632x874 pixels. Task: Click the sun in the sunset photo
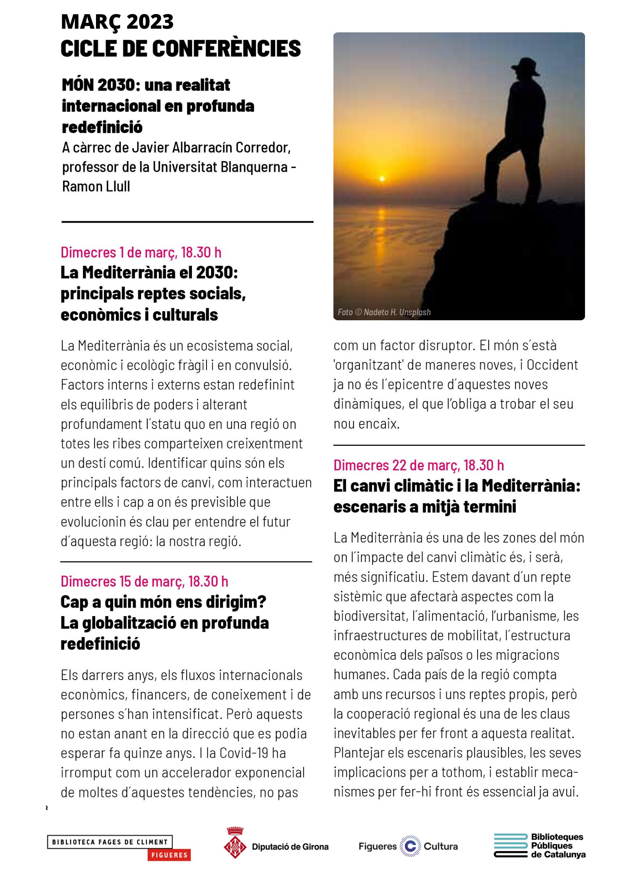click(x=382, y=178)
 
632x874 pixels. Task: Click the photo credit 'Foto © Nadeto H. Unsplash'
click(x=384, y=312)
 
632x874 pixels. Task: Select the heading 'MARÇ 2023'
click(x=117, y=22)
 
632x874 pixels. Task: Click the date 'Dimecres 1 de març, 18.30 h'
click(x=141, y=253)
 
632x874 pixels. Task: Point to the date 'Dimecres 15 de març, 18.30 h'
click(x=145, y=581)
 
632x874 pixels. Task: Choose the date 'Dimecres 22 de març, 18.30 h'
click(x=419, y=465)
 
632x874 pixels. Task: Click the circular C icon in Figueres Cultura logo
click(x=410, y=846)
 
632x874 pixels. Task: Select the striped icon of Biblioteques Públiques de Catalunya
click(x=510, y=846)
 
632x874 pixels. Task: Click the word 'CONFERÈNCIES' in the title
click(x=226, y=49)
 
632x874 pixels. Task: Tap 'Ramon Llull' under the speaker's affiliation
click(x=96, y=186)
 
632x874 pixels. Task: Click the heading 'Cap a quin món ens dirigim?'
click(x=163, y=602)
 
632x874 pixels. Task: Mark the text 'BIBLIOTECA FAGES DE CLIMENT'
click(x=110, y=841)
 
